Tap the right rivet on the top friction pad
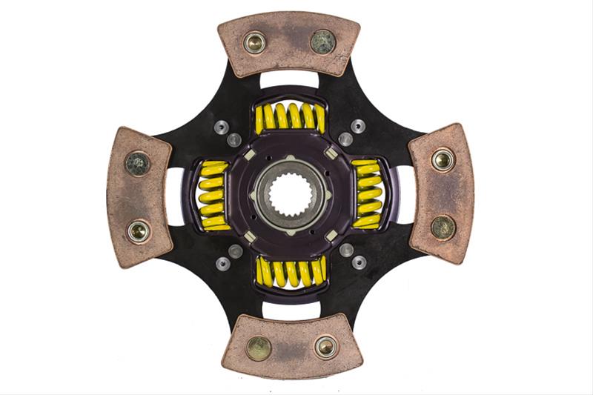coord(322,42)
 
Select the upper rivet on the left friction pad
coord(137,164)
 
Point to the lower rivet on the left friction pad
coord(138,230)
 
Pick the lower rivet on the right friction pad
coord(443,227)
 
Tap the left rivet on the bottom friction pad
coord(259,348)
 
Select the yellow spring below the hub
coord(290,272)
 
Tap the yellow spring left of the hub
coord(213,195)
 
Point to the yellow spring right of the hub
coord(368,194)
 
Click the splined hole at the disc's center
coord(290,195)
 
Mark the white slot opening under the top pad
coord(289,79)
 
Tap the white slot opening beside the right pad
coord(405,194)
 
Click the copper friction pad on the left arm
coord(139,197)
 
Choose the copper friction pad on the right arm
coord(441,193)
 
